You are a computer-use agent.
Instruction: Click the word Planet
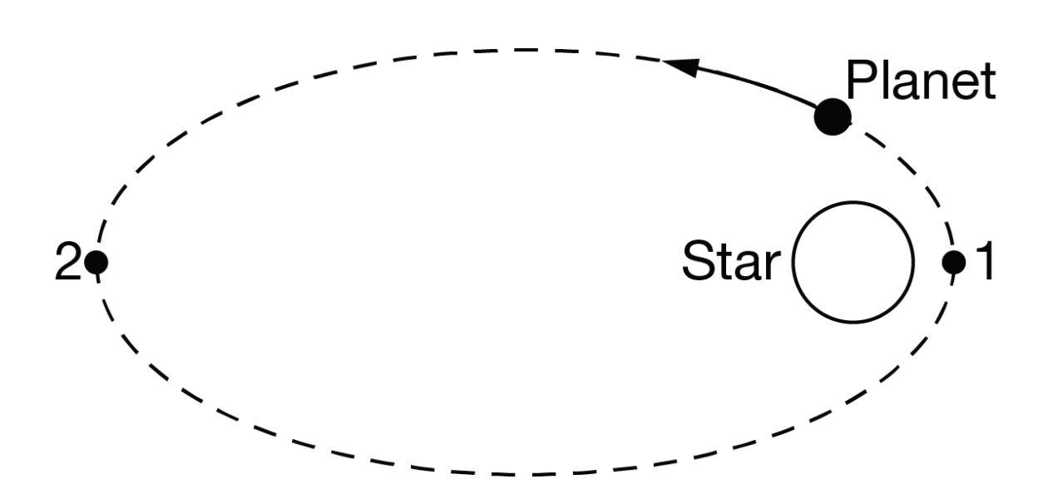(x=920, y=81)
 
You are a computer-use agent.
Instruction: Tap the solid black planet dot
(x=832, y=116)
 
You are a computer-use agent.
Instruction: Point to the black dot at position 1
(x=953, y=262)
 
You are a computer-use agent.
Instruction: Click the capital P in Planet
(x=862, y=81)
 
